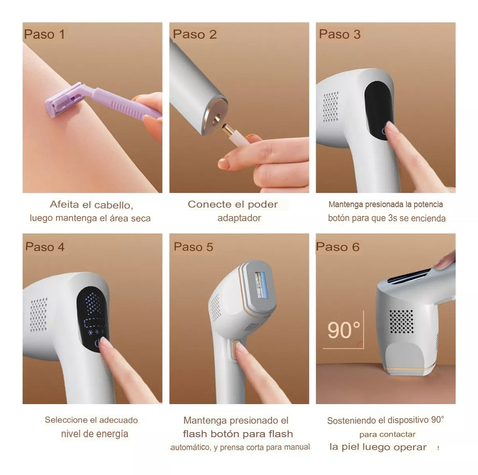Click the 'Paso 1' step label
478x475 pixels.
coord(44,34)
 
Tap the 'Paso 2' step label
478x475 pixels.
coord(195,34)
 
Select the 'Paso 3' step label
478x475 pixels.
coord(340,34)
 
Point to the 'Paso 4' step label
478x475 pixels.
coord(45,247)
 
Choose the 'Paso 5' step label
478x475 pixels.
coord(193,247)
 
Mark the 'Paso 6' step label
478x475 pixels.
coord(338,247)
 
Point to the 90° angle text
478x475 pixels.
coord(344,330)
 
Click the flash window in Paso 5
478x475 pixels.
coord(261,285)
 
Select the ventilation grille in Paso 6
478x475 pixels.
coord(402,321)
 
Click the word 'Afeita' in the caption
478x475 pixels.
coord(64,204)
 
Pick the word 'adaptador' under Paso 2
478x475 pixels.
coord(239,218)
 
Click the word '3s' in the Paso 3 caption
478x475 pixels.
coord(393,218)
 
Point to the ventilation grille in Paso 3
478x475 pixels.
coord(330,107)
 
